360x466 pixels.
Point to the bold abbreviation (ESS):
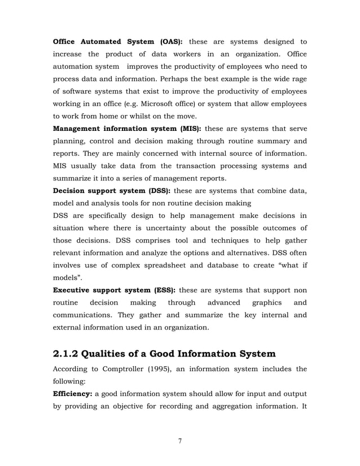(161, 290)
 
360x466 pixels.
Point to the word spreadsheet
(166, 265)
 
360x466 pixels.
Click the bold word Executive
(74, 290)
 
